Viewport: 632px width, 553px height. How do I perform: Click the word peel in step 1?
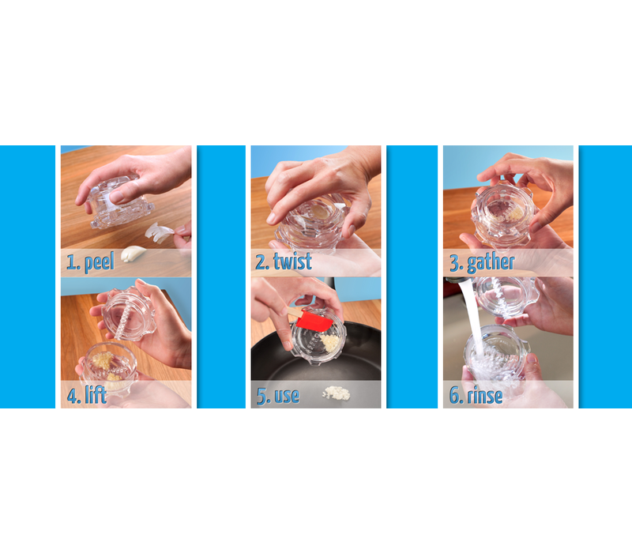tap(100, 262)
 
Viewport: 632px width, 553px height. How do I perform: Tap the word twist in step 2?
tap(292, 261)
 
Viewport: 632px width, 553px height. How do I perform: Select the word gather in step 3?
tap(491, 263)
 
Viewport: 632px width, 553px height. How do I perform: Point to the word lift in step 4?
tap(95, 394)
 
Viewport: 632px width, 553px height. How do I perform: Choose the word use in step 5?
tap(287, 397)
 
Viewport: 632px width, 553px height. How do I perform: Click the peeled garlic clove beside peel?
tap(134, 254)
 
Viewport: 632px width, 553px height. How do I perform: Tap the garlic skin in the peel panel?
tap(160, 233)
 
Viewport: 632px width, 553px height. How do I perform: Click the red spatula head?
tap(314, 320)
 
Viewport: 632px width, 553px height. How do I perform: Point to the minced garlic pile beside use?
tap(337, 393)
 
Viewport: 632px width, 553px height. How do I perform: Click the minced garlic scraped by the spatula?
tap(330, 343)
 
